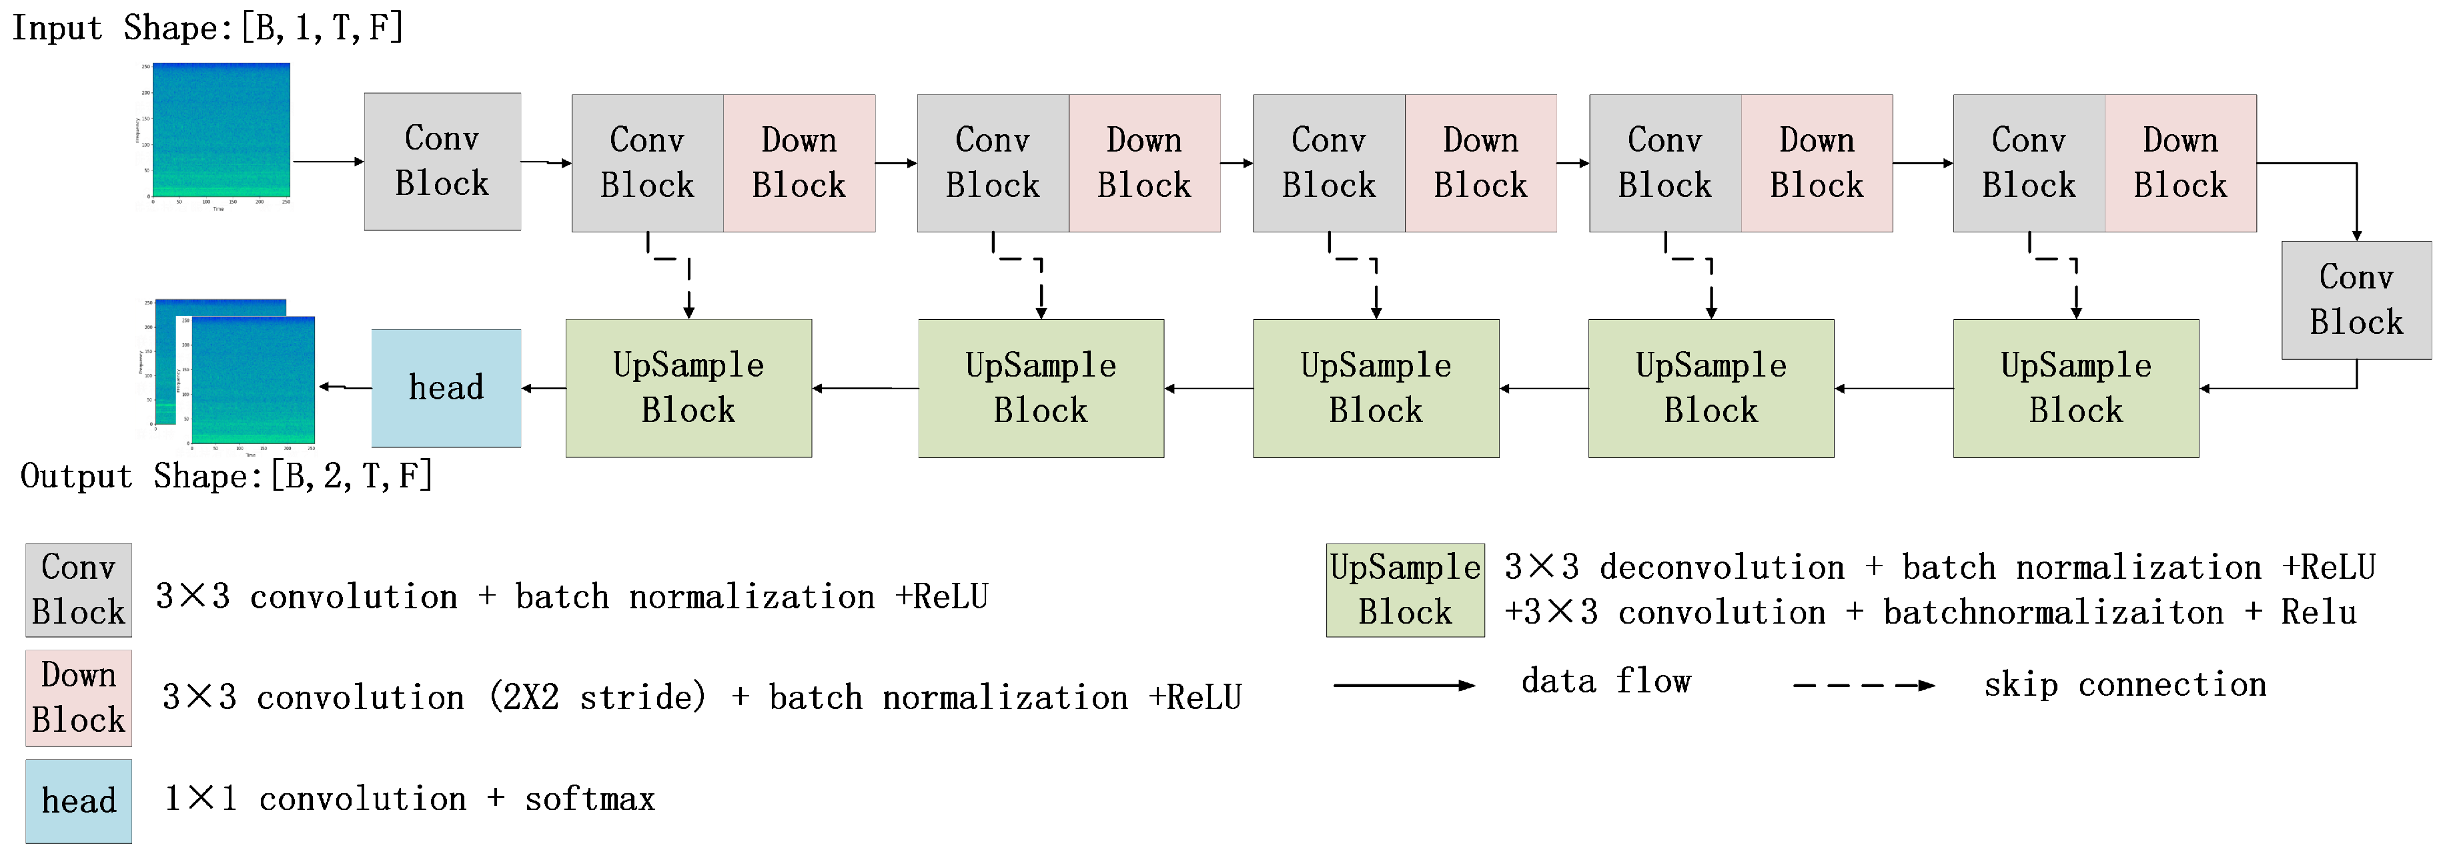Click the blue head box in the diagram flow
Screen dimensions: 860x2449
point(446,388)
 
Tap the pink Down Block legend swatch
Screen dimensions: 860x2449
point(78,697)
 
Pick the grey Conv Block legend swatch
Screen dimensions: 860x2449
point(78,590)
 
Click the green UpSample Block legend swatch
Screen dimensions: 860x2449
point(1404,590)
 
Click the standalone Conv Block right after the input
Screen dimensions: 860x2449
point(442,162)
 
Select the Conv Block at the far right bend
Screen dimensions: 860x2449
point(2356,300)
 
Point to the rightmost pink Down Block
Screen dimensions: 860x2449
point(2180,163)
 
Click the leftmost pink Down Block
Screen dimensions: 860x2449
point(799,163)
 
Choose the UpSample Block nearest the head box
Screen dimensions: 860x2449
point(688,388)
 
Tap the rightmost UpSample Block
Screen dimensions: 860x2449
point(2075,388)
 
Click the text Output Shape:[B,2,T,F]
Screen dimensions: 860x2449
point(226,475)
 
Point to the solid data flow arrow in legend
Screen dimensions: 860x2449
point(1403,685)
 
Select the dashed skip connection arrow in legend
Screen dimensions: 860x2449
point(1863,685)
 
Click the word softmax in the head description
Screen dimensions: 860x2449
point(590,799)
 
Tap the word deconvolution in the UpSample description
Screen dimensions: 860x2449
point(1721,568)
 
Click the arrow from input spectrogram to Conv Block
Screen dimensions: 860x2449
point(328,162)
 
